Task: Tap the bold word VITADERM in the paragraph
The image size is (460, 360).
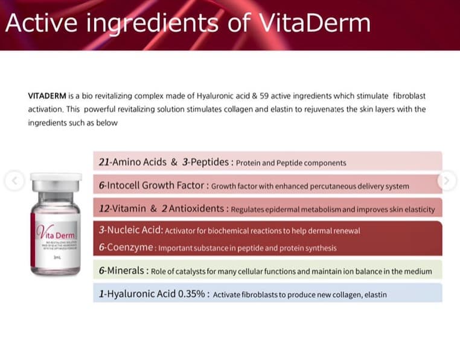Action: click(x=47, y=96)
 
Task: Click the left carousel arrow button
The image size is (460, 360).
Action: click(x=15, y=179)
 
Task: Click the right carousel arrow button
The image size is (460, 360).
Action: click(x=447, y=179)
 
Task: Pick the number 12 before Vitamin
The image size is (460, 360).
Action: click(x=105, y=208)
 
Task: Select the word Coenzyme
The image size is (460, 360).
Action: click(x=129, y=248)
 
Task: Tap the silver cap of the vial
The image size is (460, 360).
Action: click(x=56, y=181)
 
